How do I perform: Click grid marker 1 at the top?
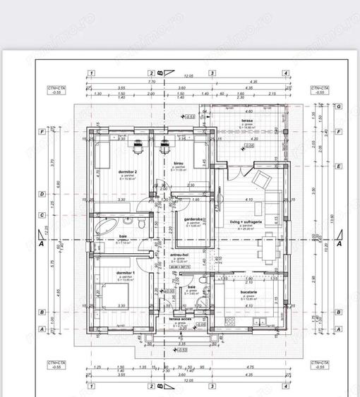pyautogui.click(x=91, y=73)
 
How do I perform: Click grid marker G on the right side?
pyautogui.click(x=340, y=106)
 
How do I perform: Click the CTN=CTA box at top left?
pyautogui.click(x=56, y=90)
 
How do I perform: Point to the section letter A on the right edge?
pyautogui.click(x=340, y=244)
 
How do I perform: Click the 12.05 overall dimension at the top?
pyautogui.click(x=188, y=76)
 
